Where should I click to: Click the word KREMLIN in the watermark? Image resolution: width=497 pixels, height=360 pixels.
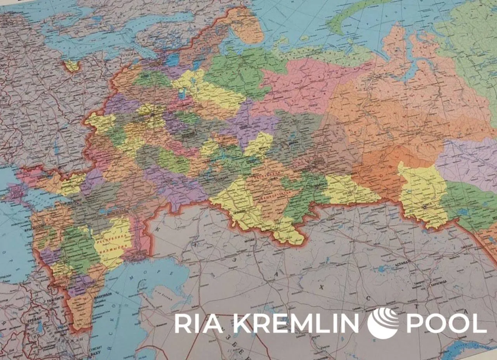pyautogui.click(x=297, y=323)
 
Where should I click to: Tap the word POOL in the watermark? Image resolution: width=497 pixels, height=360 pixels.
pyautogui.click(x=446, y=323)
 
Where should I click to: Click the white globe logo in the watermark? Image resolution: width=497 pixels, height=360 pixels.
pyautogui.click(x=383, y=323)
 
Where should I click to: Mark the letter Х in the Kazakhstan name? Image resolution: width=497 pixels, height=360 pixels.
pyautogui.click(x=321, y=287)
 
